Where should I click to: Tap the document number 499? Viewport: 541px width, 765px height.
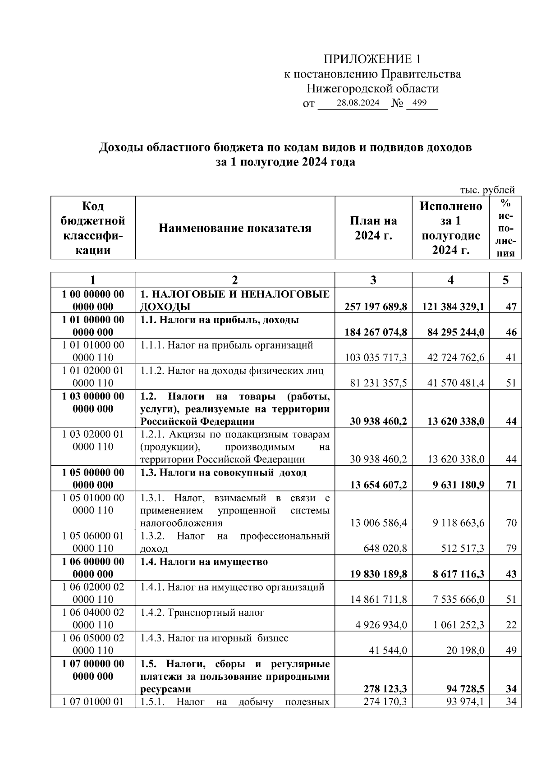click(x=419, y=103)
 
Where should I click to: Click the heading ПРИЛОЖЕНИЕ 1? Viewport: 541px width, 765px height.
click(x=372, y=59)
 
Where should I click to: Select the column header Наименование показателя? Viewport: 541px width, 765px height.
click(x=235, y=228)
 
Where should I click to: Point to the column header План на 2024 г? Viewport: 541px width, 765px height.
click(x=373, y=228)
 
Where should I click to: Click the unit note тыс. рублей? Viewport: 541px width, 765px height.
click(x=487, y=190)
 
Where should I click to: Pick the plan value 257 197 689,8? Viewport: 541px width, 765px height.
click(x=376, y=307)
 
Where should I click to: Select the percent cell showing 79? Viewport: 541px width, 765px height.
click(x=511, y=549)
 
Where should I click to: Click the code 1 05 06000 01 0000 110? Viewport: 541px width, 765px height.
click(x=93, y=542)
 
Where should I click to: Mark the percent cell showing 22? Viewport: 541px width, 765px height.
click(x=511, y=625)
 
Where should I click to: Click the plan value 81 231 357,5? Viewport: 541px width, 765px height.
click(x=379, y=383)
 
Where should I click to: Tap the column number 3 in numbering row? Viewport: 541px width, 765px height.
click(x=373, y=280)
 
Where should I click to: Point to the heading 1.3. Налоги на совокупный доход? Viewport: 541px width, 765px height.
click(x=223, y=472)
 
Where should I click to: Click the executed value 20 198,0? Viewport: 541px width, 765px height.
click(x=466, y=650)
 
